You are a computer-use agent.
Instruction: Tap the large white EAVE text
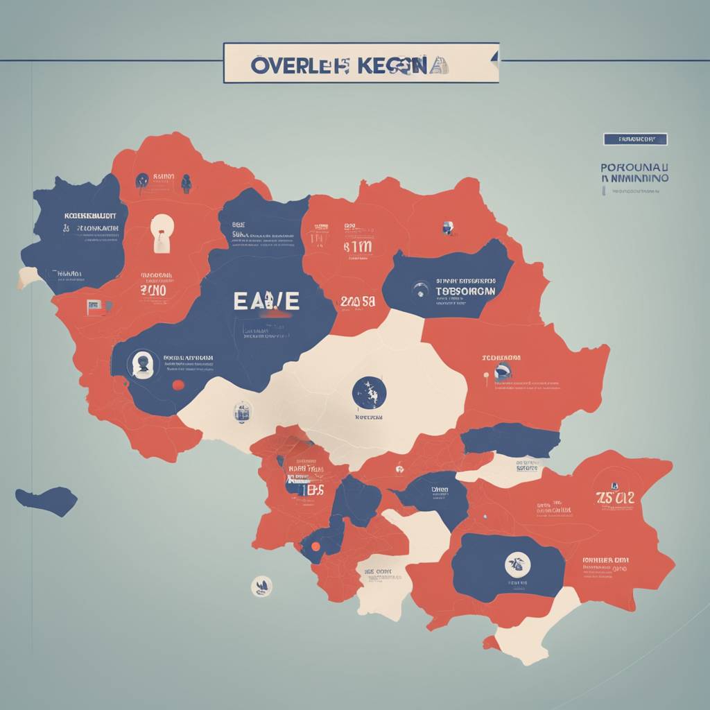pyautogui.click(x=266, y=300)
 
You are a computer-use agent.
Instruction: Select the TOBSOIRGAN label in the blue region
pyautogui.click(x=466, y=291)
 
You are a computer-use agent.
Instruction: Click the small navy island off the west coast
pyautogui.click(x=47, y=500)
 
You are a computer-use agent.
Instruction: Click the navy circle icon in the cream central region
pyautogui.click(x=369, y=393)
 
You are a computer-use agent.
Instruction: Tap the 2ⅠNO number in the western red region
pyautogui.click(x=153, y=290)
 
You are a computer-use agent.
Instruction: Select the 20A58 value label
pyautogui.click(x=358, y=302)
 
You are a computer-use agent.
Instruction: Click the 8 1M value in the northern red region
pyautogui.click(x=357, y=247)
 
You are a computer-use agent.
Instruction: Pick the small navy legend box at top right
pyautogui.click(x=634, y=139)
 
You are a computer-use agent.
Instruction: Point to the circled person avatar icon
pyautogui.click(x=143, y=363)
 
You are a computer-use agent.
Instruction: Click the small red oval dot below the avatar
pyautogui.click(x=177, y=385)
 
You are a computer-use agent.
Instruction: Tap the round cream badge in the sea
pyautogui.click(x=261, y=586)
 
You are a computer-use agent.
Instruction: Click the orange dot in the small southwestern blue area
pyautogui.click(x=315, y=546)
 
